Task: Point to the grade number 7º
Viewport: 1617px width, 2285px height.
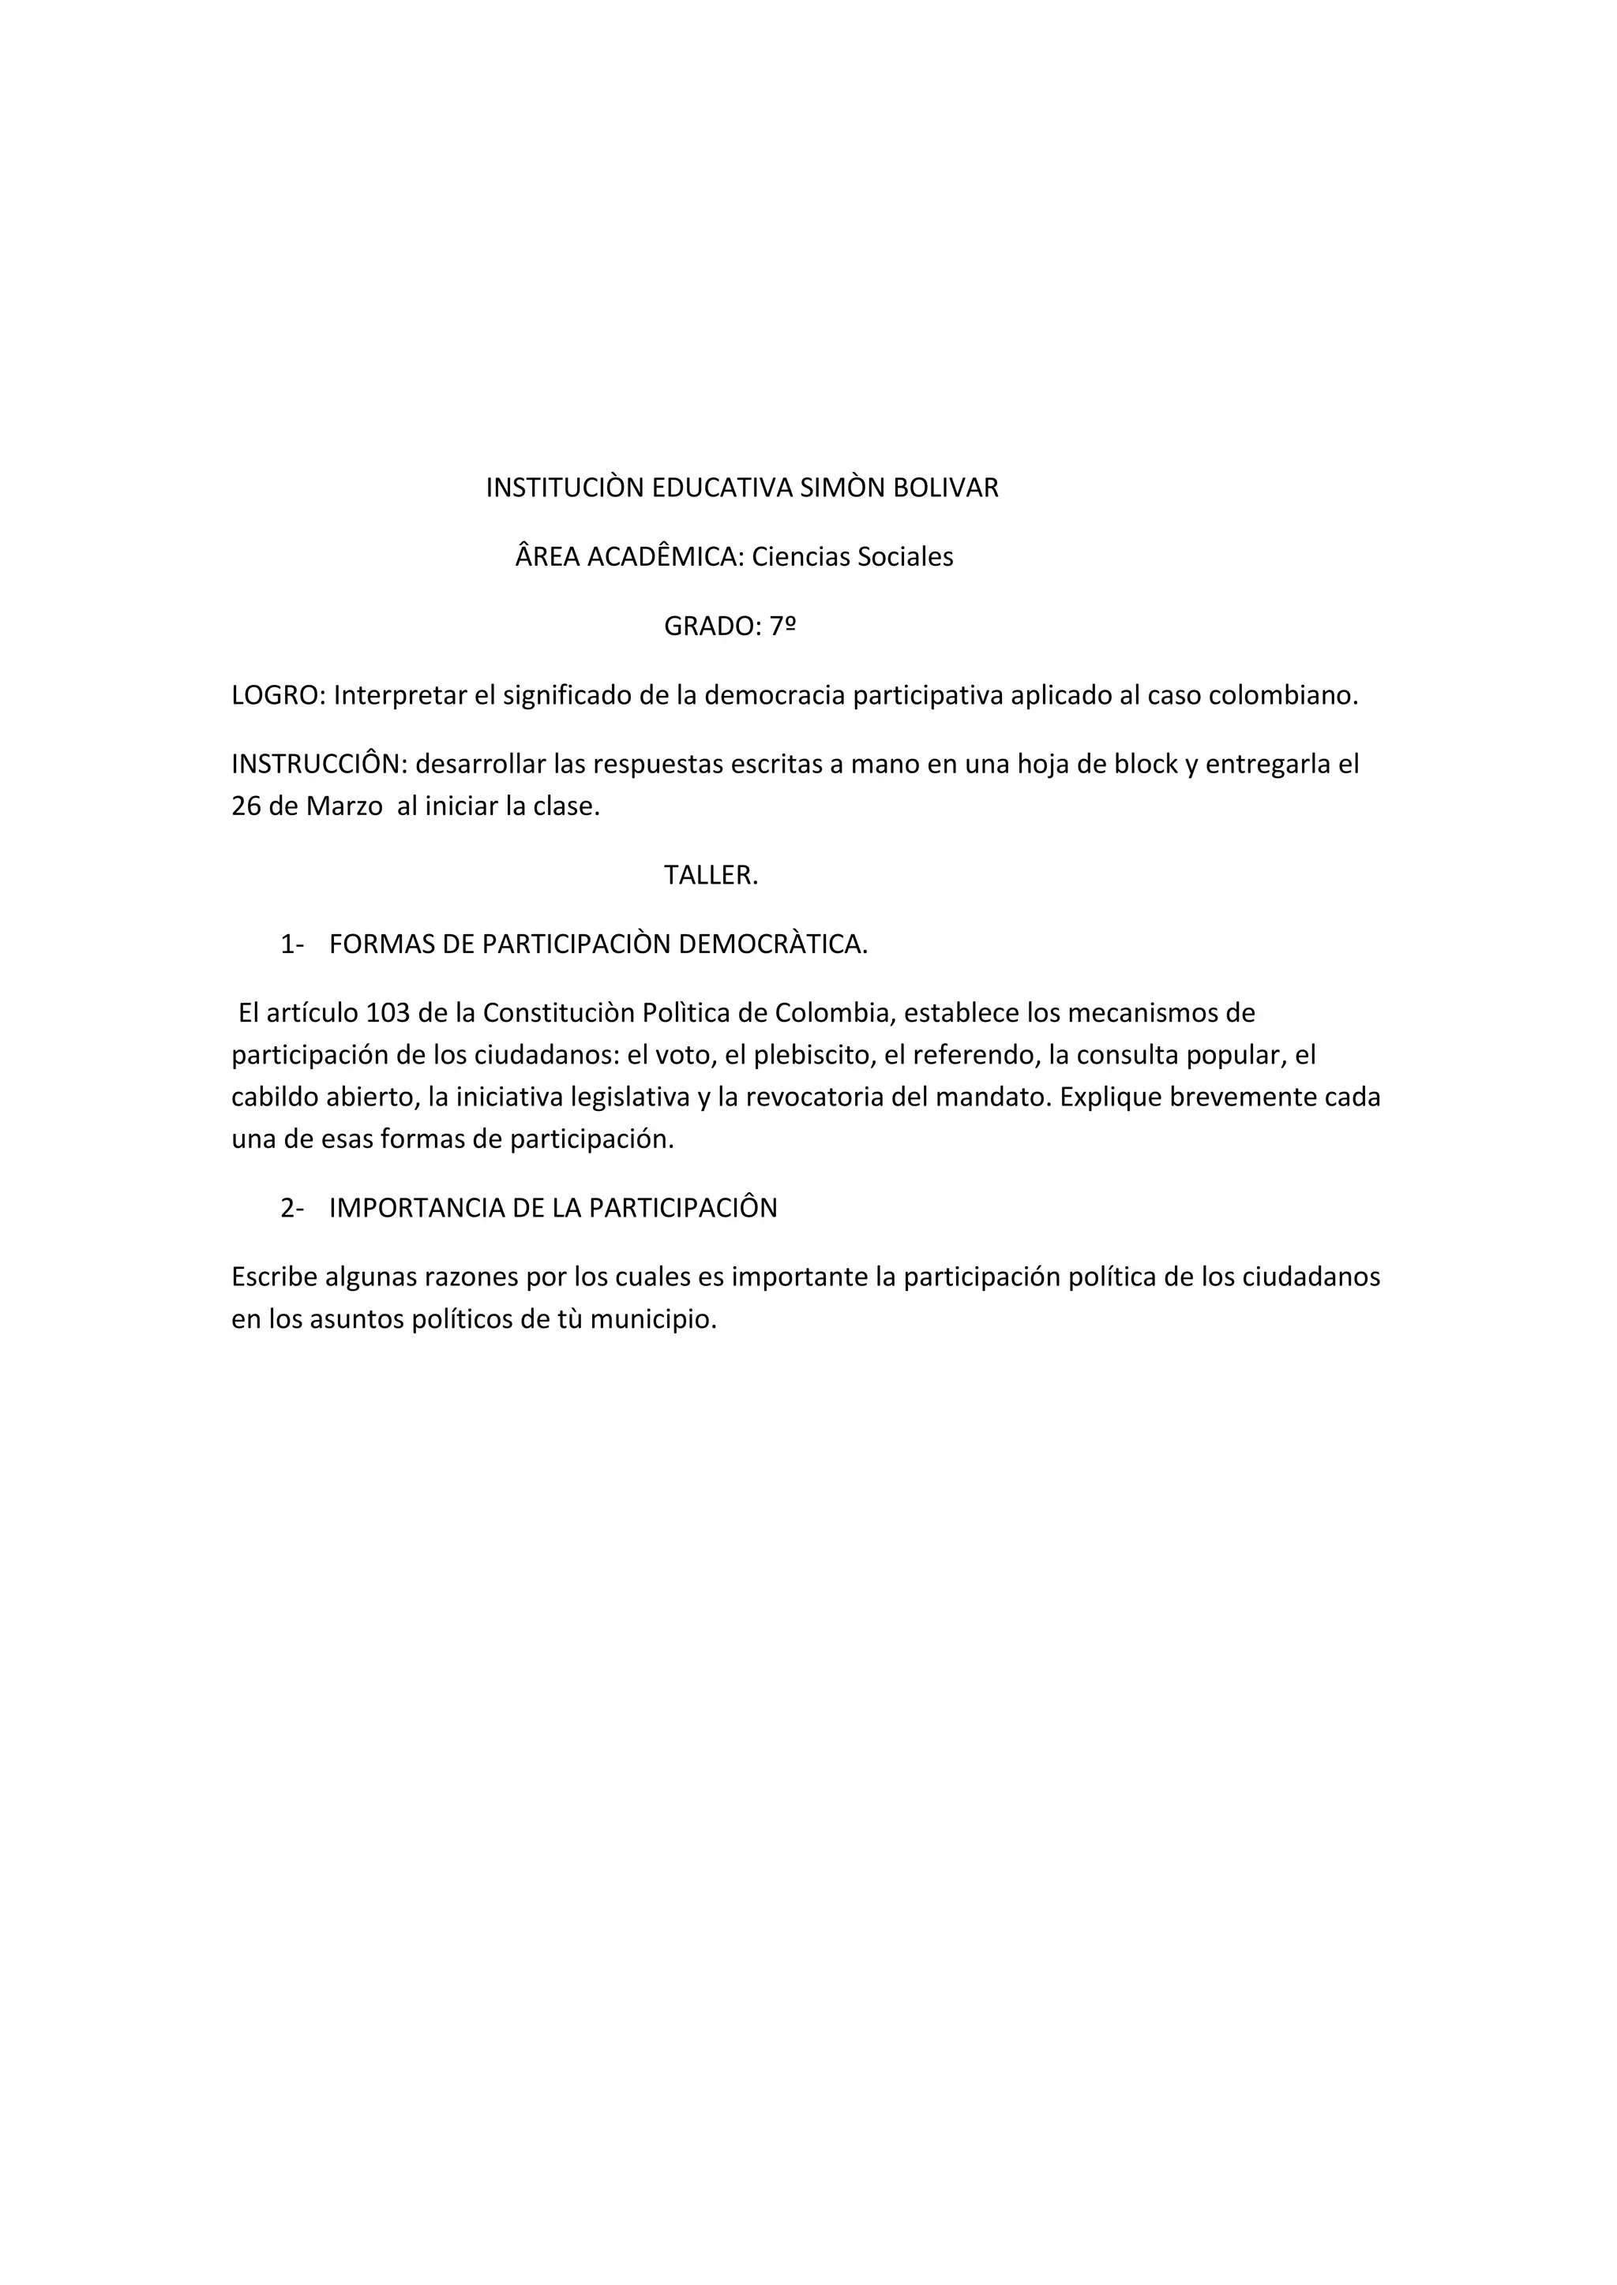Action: (x=782, y=627)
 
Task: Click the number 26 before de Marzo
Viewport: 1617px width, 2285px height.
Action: (x=245, y=806)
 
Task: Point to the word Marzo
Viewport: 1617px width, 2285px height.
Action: (x=343, y=806)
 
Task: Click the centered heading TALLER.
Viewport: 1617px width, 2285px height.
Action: (x=711, y=876)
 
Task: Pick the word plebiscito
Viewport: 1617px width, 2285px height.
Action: (x=812, y=1056)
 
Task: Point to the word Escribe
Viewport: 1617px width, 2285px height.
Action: (x=272, y=1278)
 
